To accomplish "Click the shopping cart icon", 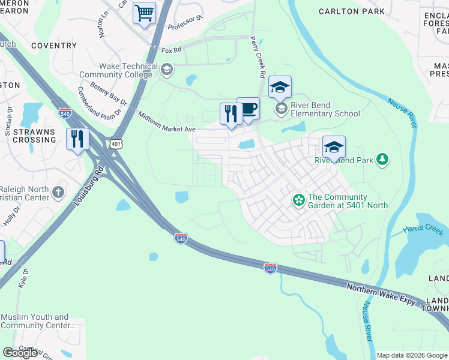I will coord(144,13).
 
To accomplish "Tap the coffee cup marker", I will coord(248,109).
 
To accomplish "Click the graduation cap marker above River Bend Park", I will coord(334,146).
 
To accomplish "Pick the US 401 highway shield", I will coord(116,143).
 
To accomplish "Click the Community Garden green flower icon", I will coord(298,200).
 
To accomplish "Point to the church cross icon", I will coord(58,193).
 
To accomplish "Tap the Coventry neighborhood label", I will coord(54,45).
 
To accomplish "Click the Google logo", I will coord(20,353).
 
